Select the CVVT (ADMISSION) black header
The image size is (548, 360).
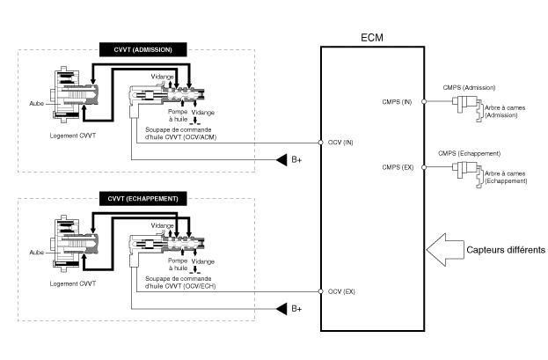(142, 50)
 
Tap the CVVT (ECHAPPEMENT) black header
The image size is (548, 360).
(140, 199)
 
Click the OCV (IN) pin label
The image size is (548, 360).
(342, 143)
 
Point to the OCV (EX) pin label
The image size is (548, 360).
(341, 291)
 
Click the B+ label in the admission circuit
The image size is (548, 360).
(296, 160)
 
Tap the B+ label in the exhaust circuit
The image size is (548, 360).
(296, 309)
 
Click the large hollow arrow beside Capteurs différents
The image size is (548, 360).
(446, 250)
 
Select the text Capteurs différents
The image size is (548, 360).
(506, 250)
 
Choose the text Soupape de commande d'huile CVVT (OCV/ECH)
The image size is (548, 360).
(181, 282)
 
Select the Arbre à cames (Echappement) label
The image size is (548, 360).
(505, 177)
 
